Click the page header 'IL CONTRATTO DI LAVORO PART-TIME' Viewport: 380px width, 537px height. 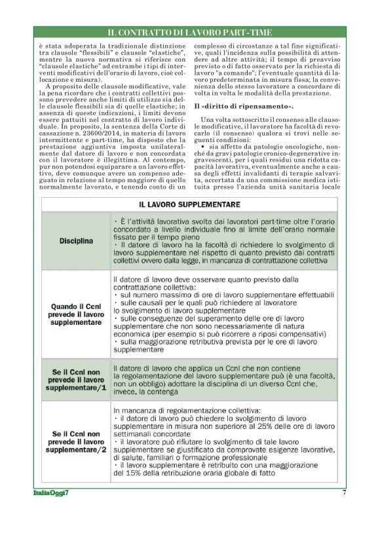click(190, 32)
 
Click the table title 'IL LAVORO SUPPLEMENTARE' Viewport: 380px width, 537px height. click(190, 205)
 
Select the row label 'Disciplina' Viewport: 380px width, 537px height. click(75, 240)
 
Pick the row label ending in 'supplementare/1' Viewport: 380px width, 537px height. click(75, 380)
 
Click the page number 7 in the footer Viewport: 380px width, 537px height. click(344, 492)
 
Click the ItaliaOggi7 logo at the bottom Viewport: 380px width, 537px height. click(52, 493)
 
